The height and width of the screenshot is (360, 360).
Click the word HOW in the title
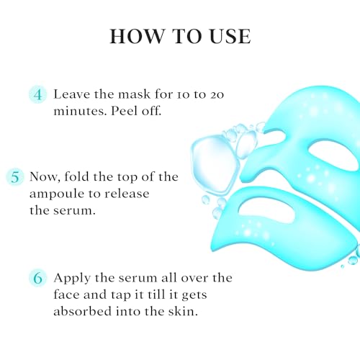[x=136, y=36]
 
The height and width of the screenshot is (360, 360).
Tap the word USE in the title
[x=230, y=36]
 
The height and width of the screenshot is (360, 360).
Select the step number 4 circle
[x=37, y=95]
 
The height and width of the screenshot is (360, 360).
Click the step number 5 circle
[x=15, y=177]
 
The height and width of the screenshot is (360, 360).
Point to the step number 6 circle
[x=37, y=279]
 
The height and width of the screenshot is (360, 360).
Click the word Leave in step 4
[x=71, y=94]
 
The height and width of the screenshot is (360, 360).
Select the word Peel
[x=124, y=111]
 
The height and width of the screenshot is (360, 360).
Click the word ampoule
[x=56, y=194]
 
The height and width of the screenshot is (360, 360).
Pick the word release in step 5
[x=127, y=194]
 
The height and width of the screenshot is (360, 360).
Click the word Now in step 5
[x=45, y=177]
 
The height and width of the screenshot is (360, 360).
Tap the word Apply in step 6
[x=72, y=279]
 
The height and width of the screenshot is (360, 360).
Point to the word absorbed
[x=83, y=311]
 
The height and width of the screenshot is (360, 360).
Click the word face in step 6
[x=66, y=294]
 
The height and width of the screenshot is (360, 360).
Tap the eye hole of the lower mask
[x=266, y=212]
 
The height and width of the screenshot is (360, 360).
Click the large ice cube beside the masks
[x=215, y=164]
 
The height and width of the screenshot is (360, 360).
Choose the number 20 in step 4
[x=217, y=95]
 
